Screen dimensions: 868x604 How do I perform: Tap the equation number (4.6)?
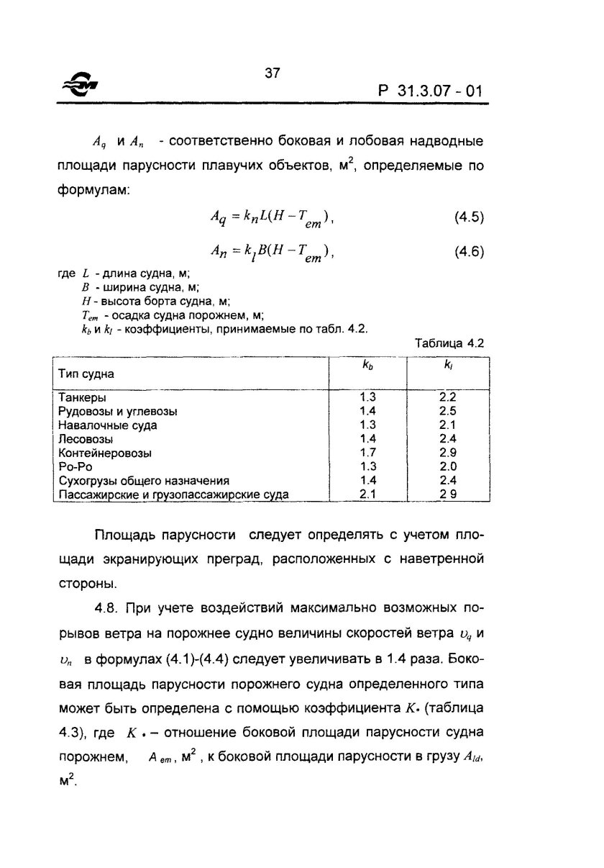[x=469, y=252]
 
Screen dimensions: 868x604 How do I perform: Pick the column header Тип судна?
[x=86, y=374]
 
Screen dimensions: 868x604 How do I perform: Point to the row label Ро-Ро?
[x=73, y=466]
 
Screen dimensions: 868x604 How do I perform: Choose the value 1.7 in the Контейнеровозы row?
[x=367, y=453]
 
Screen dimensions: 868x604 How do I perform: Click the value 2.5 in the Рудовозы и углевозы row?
[x=448, y=411]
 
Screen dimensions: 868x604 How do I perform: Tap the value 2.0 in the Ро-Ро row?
[x=448, y=466]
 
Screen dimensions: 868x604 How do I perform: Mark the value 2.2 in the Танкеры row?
[x=448, y=397]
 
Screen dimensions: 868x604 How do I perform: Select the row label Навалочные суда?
[x=107, y=425]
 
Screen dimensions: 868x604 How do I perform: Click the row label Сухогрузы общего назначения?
[x=143, y=481]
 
